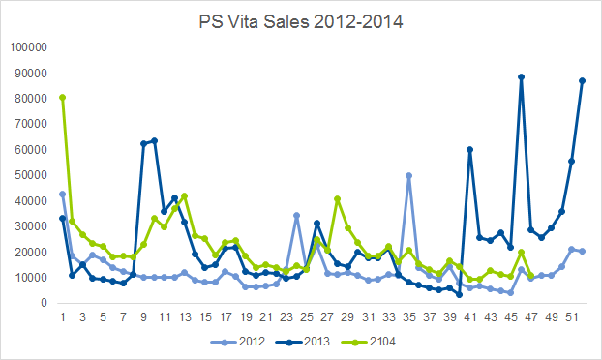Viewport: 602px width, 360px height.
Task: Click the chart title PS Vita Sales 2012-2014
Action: click(x=301, y=22)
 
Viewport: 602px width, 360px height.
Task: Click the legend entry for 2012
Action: click(x=238, y=342)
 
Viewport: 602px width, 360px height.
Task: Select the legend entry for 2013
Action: click(x=303, y=342)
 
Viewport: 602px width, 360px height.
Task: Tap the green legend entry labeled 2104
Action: click(x=369, y=342)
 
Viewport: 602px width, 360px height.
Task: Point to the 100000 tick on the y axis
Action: click(x=28, y=47)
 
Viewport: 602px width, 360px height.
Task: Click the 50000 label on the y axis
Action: click(x=31, y=175)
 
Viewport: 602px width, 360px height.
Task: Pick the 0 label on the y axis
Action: click(x=44, y=303)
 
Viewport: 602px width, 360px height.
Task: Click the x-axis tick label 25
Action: click(x=307, y=317)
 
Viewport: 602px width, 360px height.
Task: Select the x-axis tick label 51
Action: click(x=572, y=317)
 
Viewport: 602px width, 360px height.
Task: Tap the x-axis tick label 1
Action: click(x=62, y=317)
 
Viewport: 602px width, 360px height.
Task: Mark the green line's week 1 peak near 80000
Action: click(x=62, y=98)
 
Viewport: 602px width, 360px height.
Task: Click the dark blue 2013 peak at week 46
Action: click(x=521, y=77)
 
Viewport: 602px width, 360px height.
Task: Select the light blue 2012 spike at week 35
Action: click(x=408, y=176)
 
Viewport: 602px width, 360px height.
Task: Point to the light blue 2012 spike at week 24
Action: click(x=296, y=215)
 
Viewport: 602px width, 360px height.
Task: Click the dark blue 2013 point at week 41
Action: click(x=470, y=149)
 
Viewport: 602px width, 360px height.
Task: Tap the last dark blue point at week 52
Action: click(x=582, y=81)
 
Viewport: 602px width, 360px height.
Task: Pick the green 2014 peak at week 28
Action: click(x=338, y=198)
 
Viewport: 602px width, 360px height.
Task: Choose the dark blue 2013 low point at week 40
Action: click(x=460, y=295)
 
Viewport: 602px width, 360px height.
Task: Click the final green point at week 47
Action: click(x=531, y=276)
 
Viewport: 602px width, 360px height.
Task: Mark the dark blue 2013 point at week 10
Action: click(x=154, y=141)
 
